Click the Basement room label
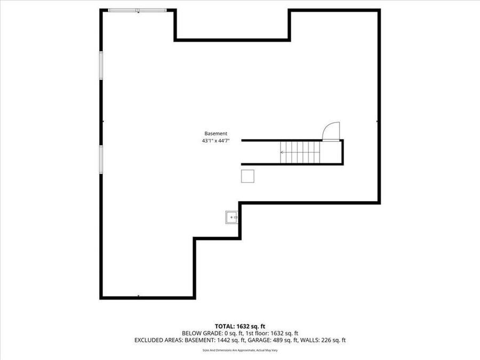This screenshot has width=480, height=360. (x=216, y=133)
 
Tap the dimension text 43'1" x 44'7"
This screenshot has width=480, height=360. (x=216, y=141)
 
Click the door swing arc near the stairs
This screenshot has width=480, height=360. (x=331, y=130)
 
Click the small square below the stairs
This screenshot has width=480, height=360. (x=247, y=176)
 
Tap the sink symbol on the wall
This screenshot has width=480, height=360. (x=232, y=218)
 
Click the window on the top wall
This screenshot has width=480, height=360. (x=137, y=10)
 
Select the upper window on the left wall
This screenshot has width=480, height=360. (x=101, y=66)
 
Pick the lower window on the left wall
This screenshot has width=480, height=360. (x=101, y=159)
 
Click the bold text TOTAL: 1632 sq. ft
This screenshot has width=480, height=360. (x=240, y=326)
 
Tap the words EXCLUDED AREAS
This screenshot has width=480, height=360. (x=158, y=340)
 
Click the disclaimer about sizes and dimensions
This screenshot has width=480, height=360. (x=240, y=350)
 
